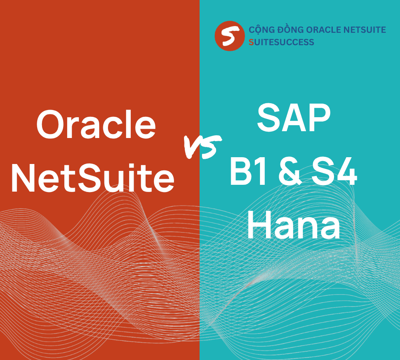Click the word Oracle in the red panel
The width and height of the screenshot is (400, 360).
(96, 125)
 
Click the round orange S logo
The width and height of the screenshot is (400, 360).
(229, 36)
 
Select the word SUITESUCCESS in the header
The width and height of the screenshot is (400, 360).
(281, 42)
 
